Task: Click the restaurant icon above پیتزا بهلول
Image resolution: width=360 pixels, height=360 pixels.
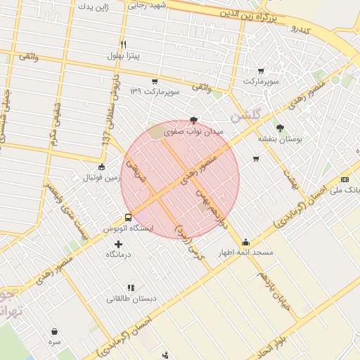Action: [x=123, y=44]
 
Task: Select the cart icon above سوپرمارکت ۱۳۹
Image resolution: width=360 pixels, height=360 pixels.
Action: [x=154, y=82]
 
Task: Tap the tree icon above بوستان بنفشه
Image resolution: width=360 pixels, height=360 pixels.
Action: [x=280, y=128]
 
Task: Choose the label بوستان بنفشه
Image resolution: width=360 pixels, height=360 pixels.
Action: [x=280, y=139]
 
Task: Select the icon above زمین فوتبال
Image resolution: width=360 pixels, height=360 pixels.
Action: [x=102, y=167]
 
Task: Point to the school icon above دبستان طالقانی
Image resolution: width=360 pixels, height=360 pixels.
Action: [x=131, y=287]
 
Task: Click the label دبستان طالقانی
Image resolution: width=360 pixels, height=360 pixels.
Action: [x=131, y=298]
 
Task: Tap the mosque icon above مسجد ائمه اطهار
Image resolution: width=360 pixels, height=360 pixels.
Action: [x=245, y=242]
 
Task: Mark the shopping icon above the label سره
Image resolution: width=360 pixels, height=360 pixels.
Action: [x=54, y=330]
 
